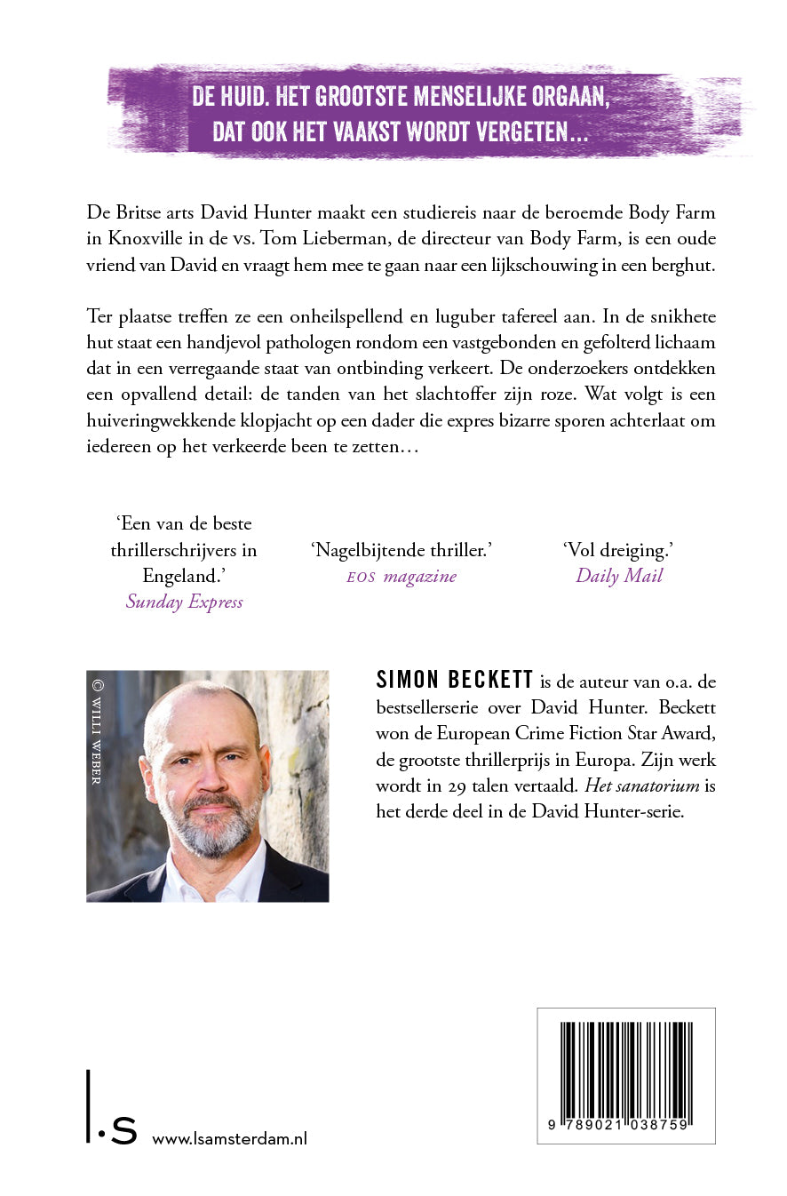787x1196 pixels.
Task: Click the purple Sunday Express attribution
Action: pyautogui.click(x=184, y=602)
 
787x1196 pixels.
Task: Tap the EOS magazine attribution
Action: pyautogui.click(x=401, y=576)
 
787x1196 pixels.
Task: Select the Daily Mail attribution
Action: pyautogui.click(x=619, y=575)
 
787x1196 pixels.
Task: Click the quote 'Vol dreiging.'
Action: pyautogui.click(x=619, y=550)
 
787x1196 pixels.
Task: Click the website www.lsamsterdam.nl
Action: pyautogui.click(x=230, y=1139)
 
